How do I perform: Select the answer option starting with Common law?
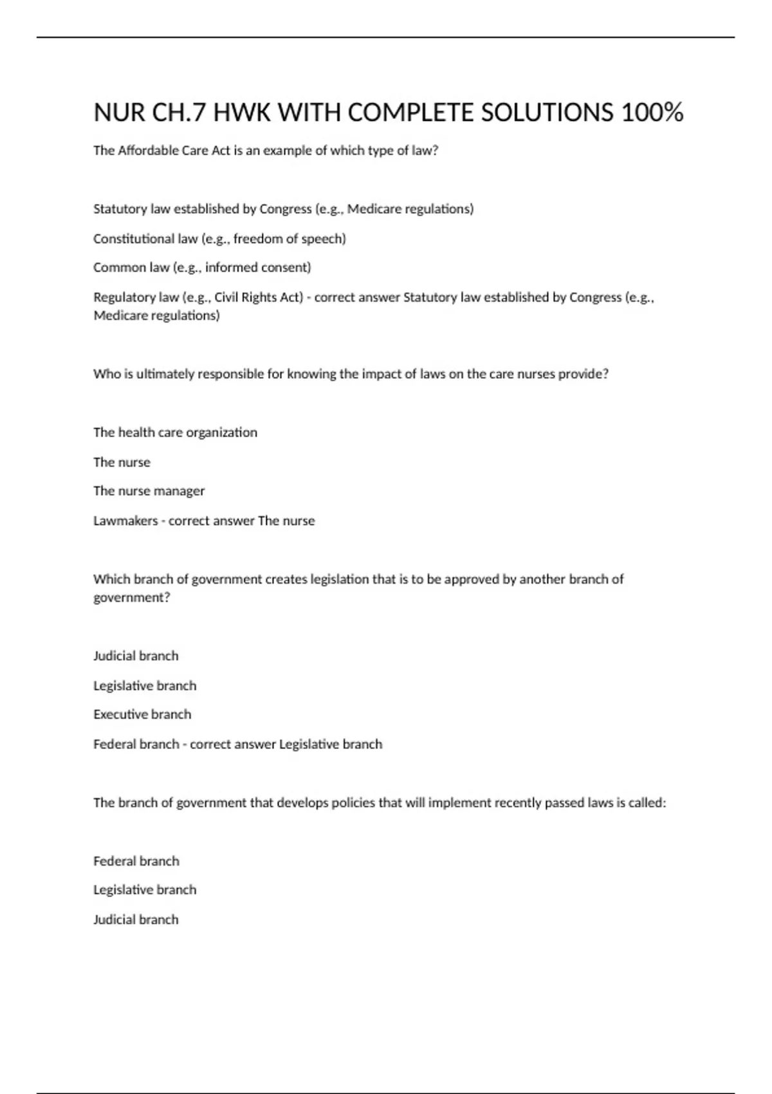click(201, 268)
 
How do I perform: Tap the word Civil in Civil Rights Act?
click(226, 297)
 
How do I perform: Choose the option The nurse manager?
click(149, 491)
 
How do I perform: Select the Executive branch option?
click(142, 714)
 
